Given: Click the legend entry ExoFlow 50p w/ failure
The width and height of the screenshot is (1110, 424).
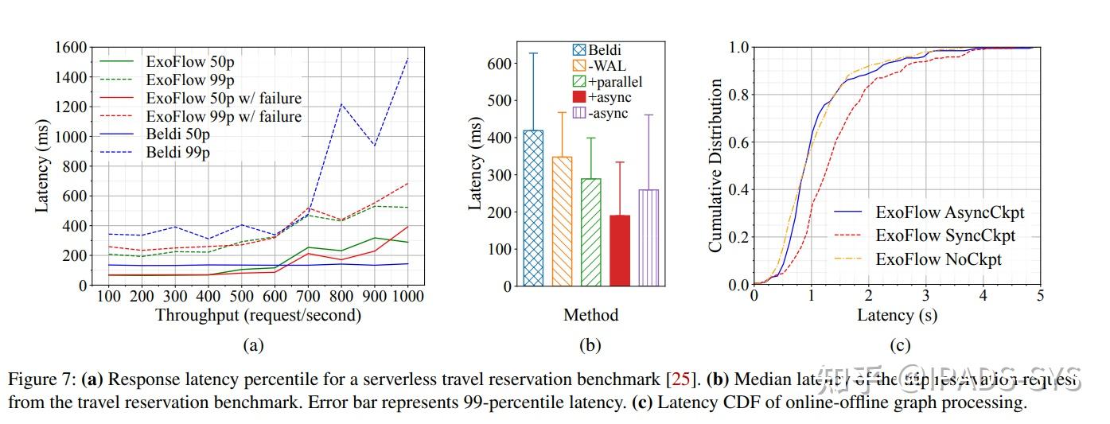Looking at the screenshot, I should tap(224, 97).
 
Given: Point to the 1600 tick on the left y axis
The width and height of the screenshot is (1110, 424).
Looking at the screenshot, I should tap(72, 48).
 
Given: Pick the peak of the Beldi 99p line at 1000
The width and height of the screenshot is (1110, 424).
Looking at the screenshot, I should tap(407, 58).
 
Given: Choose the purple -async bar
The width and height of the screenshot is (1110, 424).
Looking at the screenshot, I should tap(648, 237).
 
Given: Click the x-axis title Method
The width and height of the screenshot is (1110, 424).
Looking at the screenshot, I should tap(590, 315).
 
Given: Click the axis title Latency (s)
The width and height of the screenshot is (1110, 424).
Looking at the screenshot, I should tap(897, 315).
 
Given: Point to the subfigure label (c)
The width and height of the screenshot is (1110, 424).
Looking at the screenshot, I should tap(899, 345).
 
